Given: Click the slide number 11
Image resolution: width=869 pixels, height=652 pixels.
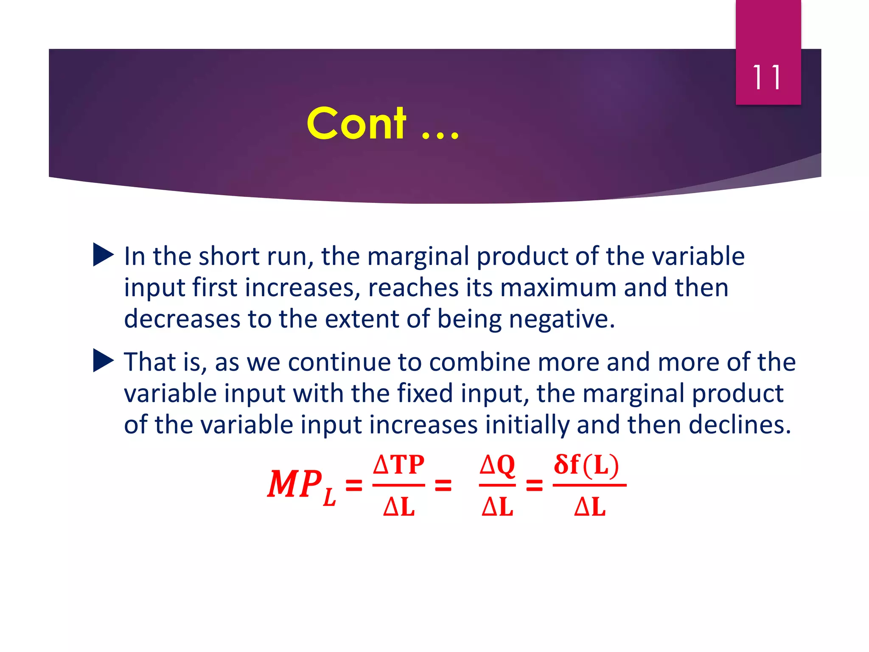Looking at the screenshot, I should point(767,78).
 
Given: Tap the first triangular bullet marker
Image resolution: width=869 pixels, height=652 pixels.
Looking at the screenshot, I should point(103,255).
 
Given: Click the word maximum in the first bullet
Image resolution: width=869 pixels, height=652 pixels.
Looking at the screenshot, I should point(558,288).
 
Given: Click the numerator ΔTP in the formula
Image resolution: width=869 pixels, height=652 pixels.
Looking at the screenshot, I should point(398,465).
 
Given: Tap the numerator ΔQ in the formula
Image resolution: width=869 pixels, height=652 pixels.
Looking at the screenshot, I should point(497,465).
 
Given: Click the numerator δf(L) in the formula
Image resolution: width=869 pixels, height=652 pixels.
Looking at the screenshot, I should point(587,465).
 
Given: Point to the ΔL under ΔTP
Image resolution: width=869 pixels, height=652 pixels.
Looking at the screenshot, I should point(398,506).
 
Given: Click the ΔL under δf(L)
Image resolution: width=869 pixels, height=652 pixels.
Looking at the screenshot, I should point(589,506).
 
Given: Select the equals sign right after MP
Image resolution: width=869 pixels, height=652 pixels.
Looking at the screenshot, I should point(354,485).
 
